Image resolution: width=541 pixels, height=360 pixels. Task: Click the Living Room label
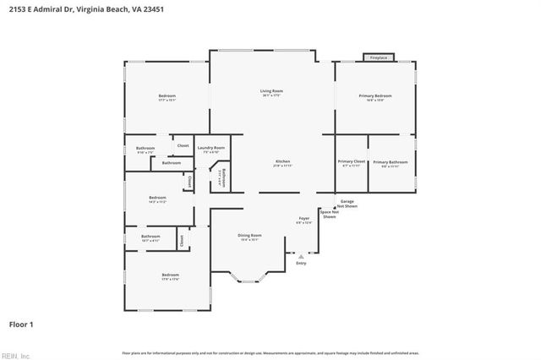click(x=271, y=90)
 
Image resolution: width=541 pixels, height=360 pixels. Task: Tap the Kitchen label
click(x=282, y=161)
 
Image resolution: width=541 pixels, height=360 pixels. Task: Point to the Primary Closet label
click(x=351, y=161)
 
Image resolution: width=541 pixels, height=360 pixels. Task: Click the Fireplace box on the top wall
click(x=379, y=57)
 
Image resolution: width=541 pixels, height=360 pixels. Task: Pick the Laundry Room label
click(x=211, y=148)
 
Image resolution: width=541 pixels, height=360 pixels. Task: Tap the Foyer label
click(x=303, y=219)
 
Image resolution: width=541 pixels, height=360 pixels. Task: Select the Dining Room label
click(x=249, y=235)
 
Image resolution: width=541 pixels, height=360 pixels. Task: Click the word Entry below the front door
click(x=301, y=263)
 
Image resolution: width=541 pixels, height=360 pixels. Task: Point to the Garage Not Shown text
click(x=347, y=203)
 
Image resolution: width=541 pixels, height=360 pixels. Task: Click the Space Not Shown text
click(x=329, y=215)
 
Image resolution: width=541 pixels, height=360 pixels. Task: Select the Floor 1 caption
click(x=20, y=324)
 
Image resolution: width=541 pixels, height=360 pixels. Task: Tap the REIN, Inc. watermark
click(x=15, y=355)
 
